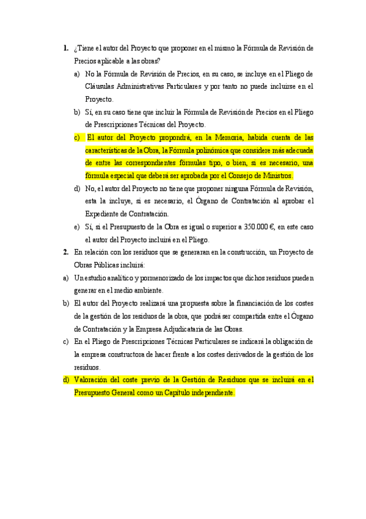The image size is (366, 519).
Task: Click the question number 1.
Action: [x=65, y=48]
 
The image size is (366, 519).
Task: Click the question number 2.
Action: [x=65, y=252]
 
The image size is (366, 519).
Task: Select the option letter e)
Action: [x=76, y=226]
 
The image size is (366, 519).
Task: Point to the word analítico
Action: [x=114, y=278]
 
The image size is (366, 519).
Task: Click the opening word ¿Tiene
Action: [x=82, y=48]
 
